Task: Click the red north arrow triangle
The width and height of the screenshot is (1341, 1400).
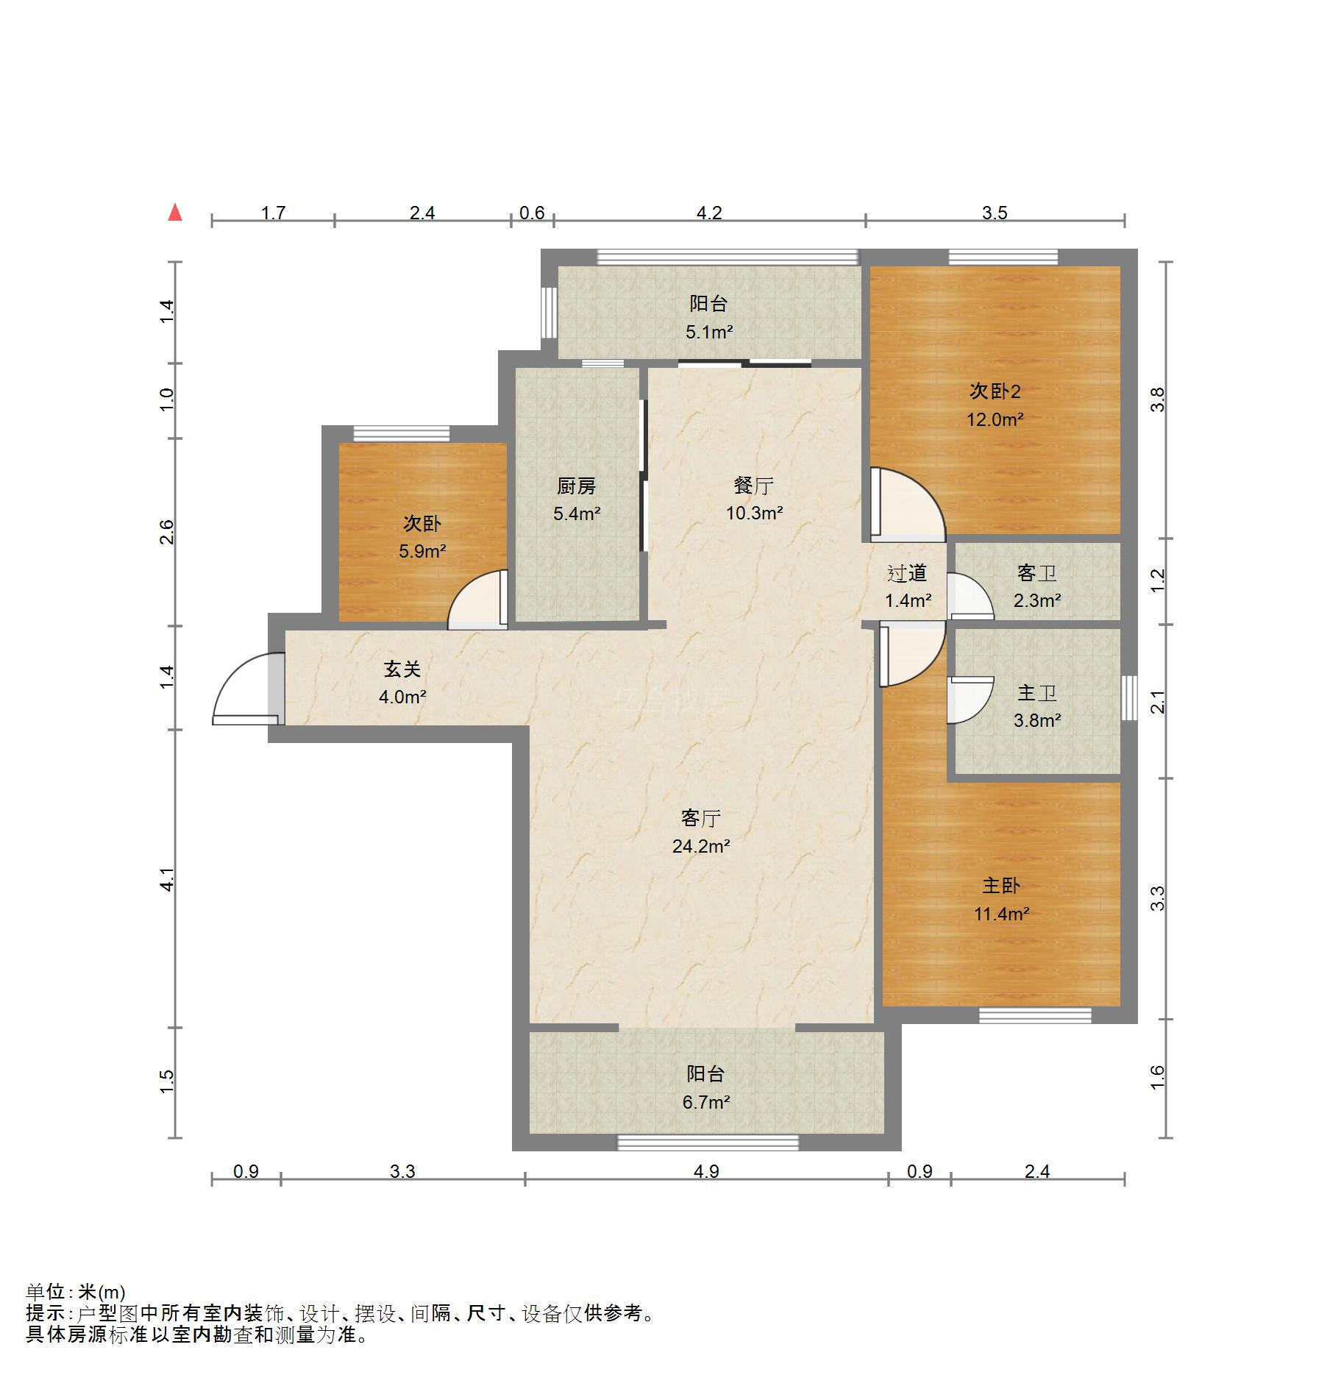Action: pos(175,213)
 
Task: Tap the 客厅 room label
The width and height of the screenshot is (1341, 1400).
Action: pos(700,818)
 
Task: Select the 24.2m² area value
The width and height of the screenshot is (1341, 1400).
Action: pos(700,846)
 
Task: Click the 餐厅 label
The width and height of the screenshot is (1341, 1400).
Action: pos(753,486)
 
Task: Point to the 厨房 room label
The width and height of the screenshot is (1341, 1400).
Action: pos(576,486)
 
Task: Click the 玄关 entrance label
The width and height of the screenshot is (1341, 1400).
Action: pos(402,669)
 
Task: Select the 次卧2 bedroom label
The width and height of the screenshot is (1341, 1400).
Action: pos(995,391)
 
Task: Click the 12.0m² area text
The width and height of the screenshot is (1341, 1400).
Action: pos(995,419)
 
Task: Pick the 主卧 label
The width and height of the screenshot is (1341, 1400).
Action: pos(1001,885)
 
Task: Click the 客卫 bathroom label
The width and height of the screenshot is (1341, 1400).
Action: pos(1036,572)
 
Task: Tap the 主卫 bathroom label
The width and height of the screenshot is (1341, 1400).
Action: pos(1036,693)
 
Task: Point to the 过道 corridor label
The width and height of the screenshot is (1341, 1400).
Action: pos(907,572)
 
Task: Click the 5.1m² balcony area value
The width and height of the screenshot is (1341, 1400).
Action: pos(708,332)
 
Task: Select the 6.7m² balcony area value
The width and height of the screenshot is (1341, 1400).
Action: pos(705,1102)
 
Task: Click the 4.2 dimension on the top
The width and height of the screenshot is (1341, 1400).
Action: pos(709,213)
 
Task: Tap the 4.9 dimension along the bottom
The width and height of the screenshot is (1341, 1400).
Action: pos(706,1171)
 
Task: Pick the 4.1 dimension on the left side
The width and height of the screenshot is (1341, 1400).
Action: pos(168,880)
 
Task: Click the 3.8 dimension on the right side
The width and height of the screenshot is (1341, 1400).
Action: pos(1158,399)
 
